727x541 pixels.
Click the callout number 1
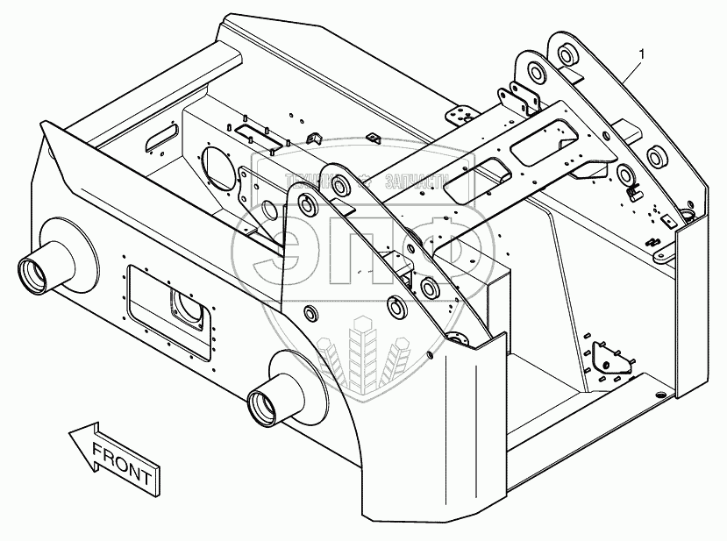point(643,54)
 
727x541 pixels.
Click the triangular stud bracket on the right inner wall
point(605,359)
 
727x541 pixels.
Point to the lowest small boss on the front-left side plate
point(310,313)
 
